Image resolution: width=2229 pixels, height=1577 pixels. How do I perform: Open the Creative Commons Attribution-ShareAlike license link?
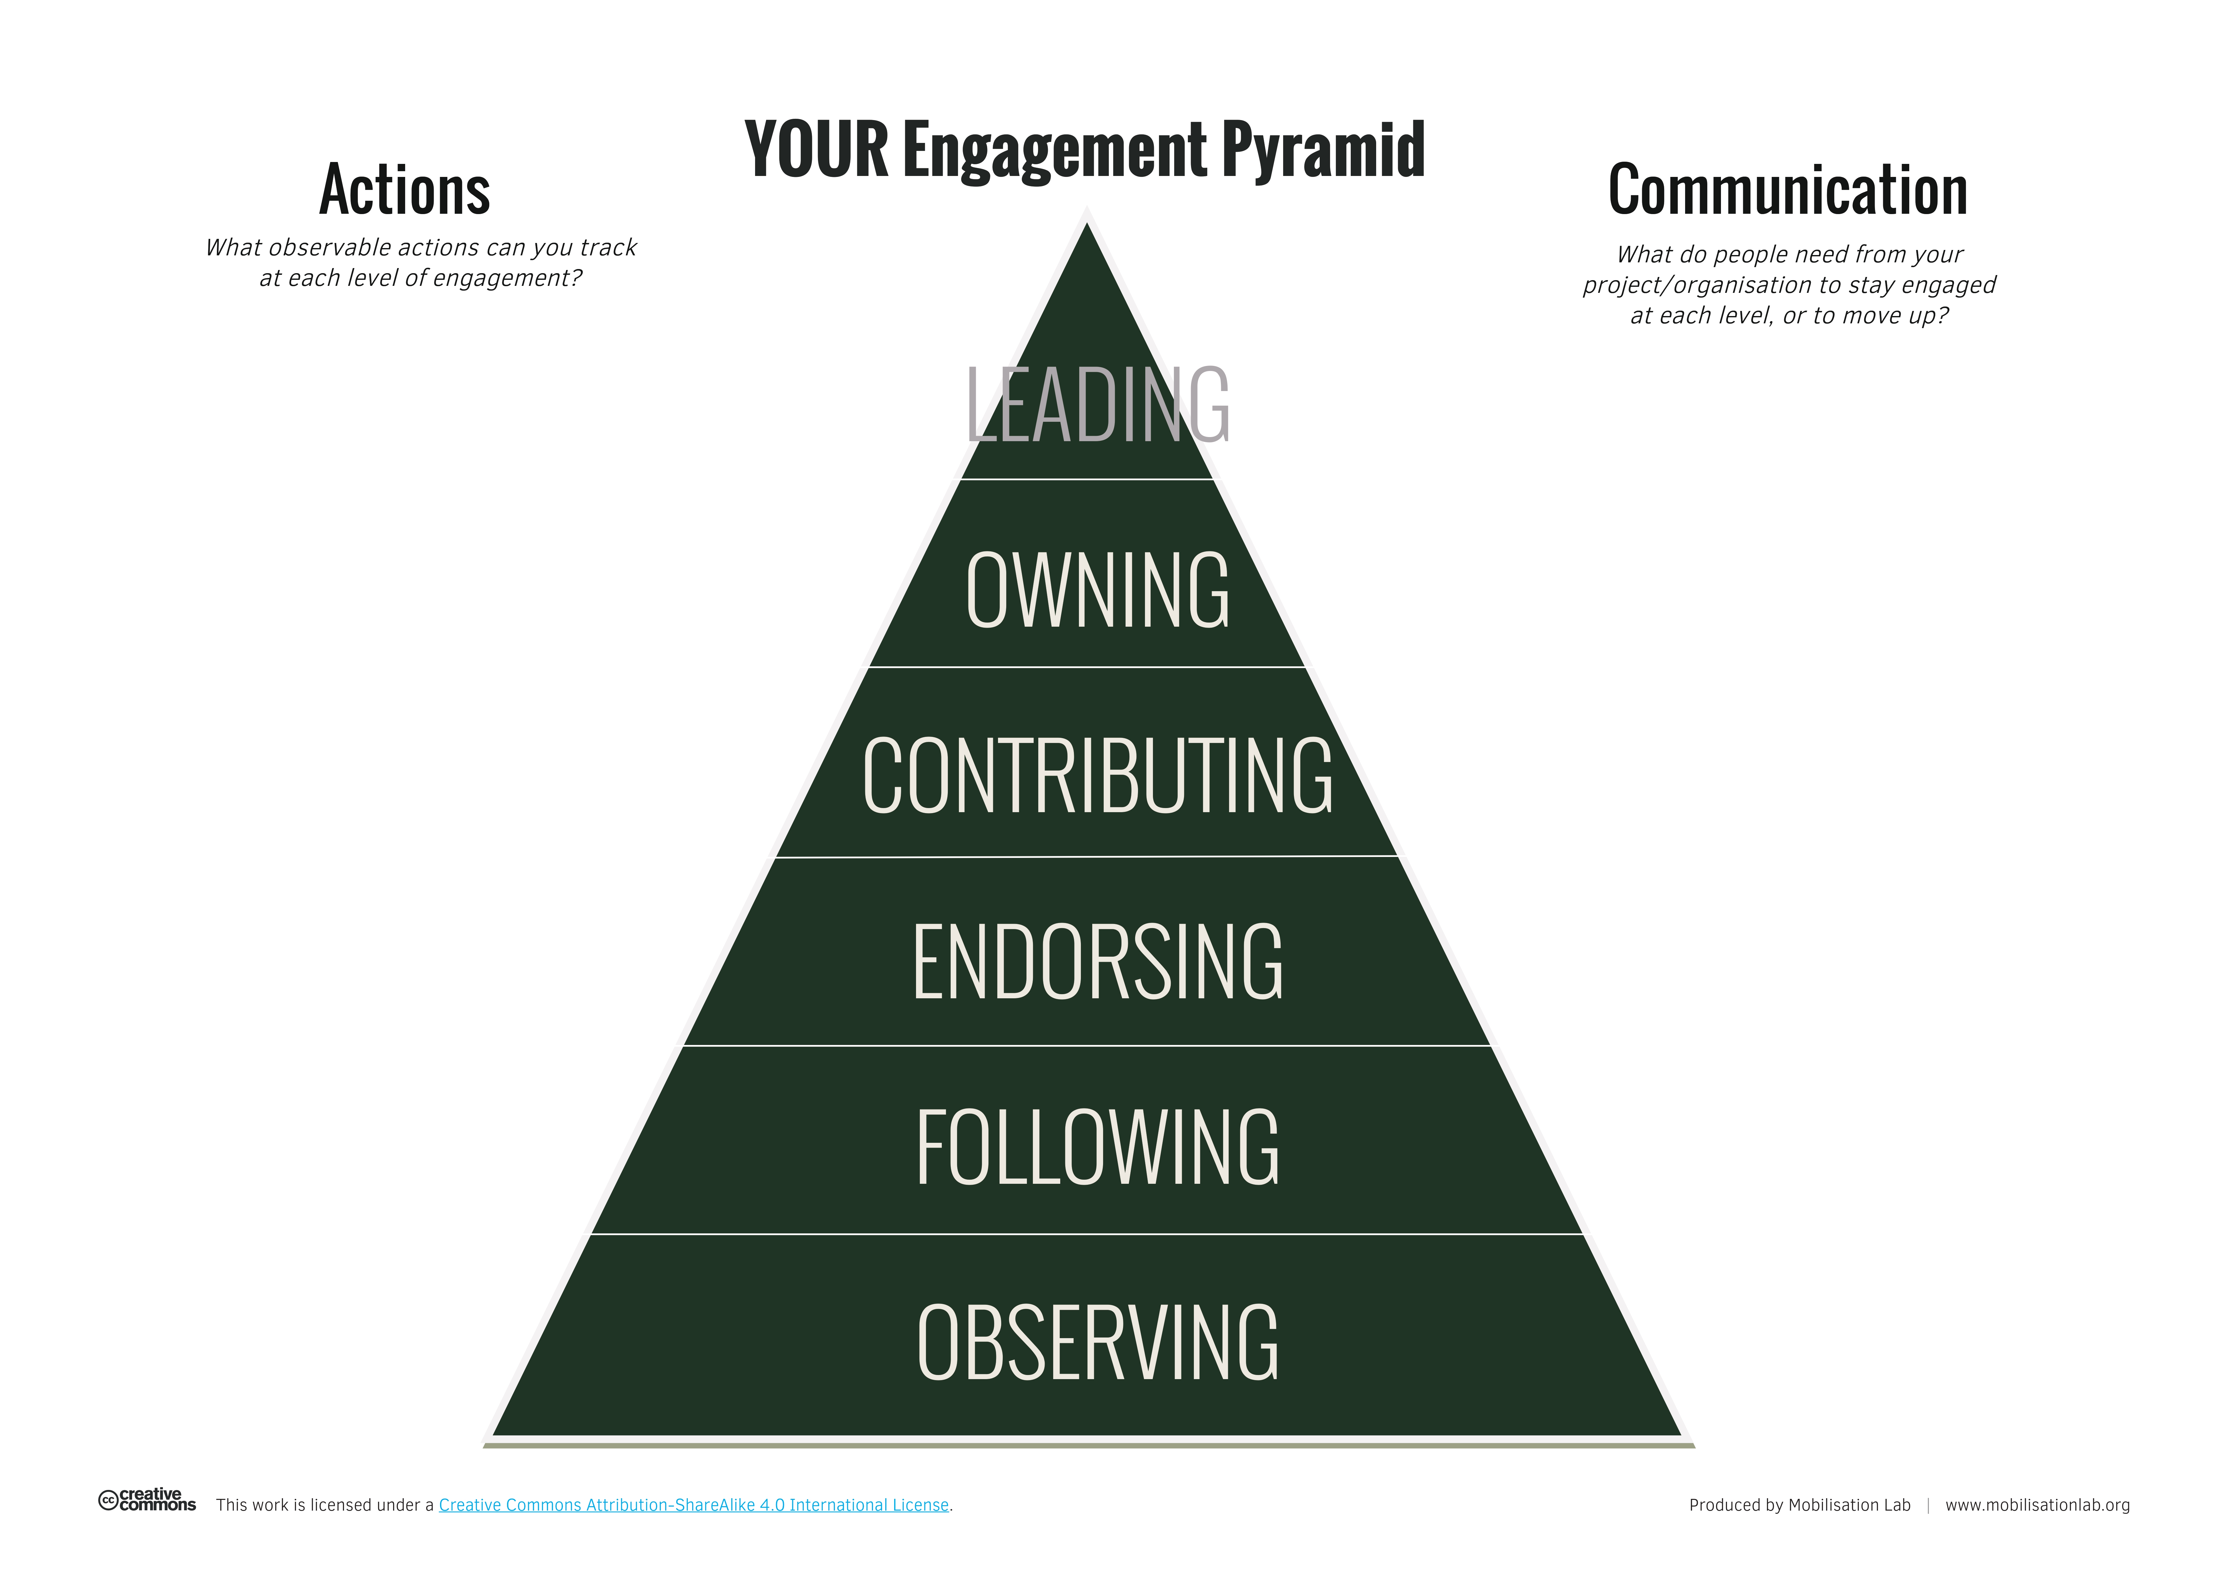pos(693,1505)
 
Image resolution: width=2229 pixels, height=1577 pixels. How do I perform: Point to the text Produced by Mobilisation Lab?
pos(1799,1505)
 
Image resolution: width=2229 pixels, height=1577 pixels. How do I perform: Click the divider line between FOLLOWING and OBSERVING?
pos(1087,1234)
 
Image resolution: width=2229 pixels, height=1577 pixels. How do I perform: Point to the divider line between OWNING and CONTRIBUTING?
pos(1087,667)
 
